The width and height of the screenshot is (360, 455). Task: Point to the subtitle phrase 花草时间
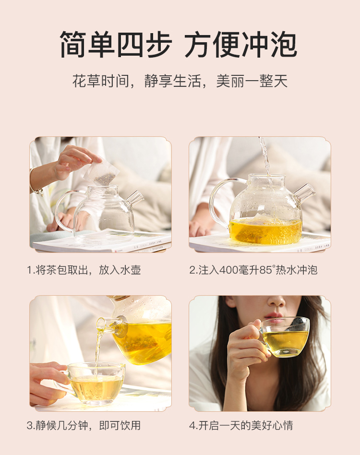(100, 81)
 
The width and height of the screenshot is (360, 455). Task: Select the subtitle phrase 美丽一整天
(252, 81)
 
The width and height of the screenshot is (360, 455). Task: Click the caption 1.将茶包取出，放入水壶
(84, 270)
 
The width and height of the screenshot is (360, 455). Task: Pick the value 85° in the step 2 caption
(266, 270)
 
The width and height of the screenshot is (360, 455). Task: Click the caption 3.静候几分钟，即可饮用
(84, 426)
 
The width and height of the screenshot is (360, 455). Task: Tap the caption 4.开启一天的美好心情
(241, 426)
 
